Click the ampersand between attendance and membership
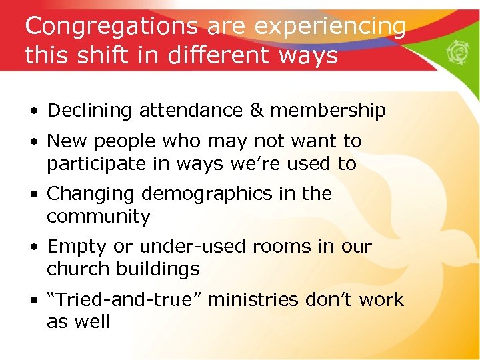[x=237, y=111]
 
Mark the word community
[x=98, y=217]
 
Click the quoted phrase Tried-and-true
[x=125, y=300]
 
